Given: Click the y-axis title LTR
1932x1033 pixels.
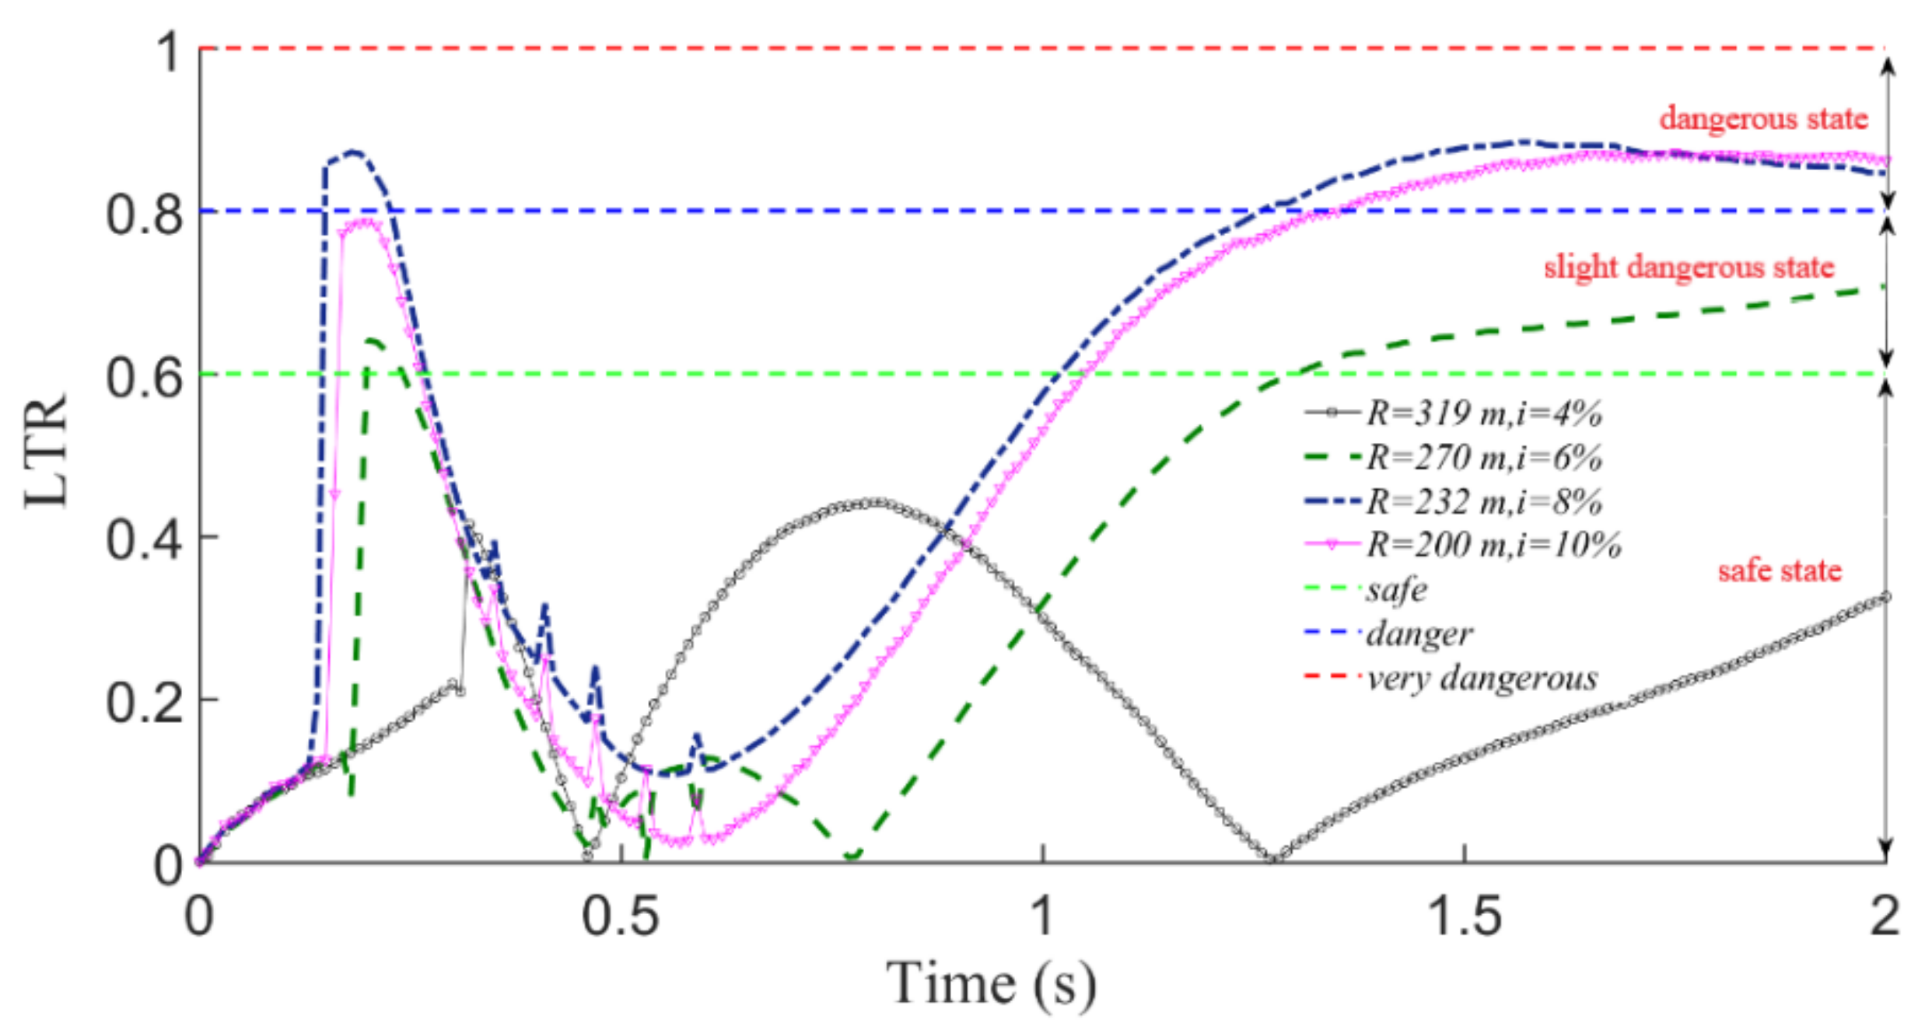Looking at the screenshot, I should (x=47, y=452).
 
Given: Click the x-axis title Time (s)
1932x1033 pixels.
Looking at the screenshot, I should (x=991, y=984).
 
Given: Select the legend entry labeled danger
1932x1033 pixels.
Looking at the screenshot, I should (x=1419, y=633).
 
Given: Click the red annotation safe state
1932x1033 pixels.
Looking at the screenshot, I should (x=1780, y=571).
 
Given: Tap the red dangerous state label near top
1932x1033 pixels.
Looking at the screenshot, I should (x=1763, y=118).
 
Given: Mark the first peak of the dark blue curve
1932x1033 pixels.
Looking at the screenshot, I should (x=354, y=152).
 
